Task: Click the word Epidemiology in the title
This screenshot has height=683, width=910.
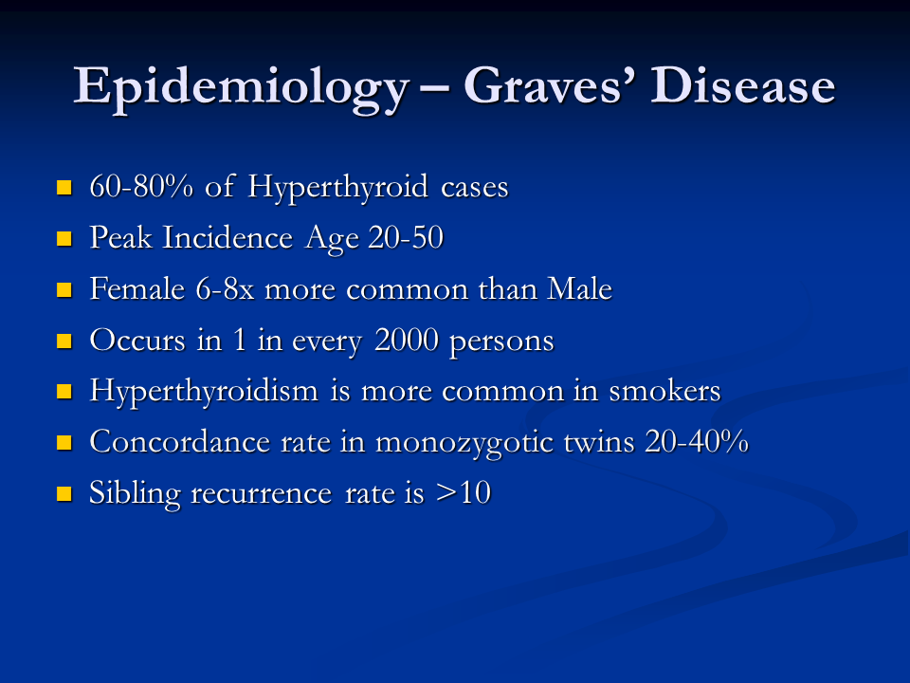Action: pyautogui.click(x=242, y=88)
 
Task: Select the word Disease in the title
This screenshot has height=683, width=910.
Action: pyautogui.click(x=743, y=85)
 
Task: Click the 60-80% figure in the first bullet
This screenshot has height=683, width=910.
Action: pyautogui.click(x=141, y=187)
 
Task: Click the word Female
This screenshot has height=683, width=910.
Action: pyautogui.click(x=136, y=288)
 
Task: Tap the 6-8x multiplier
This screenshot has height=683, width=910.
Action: pyautogui.click(x=226, y=288)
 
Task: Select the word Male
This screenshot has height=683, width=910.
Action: pyautogui.click(x=579, y=288)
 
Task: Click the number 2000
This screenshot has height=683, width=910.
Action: pyautogui.click(x=407, y=340)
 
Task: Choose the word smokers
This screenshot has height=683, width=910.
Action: pyautogui.click(x=664, y=390)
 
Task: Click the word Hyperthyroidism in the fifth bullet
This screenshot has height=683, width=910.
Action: pyautogui.click(x=204, y=392)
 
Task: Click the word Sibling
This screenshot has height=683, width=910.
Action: pyautogui.click(x=135, y=494)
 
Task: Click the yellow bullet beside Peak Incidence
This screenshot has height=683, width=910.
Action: pyautogui.click(x=64, y=239)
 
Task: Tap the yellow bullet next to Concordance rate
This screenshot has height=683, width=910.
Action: pyautogui.click(x=64, y=443)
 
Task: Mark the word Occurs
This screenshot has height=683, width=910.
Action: pyautogui.click(x=137, y=340)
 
